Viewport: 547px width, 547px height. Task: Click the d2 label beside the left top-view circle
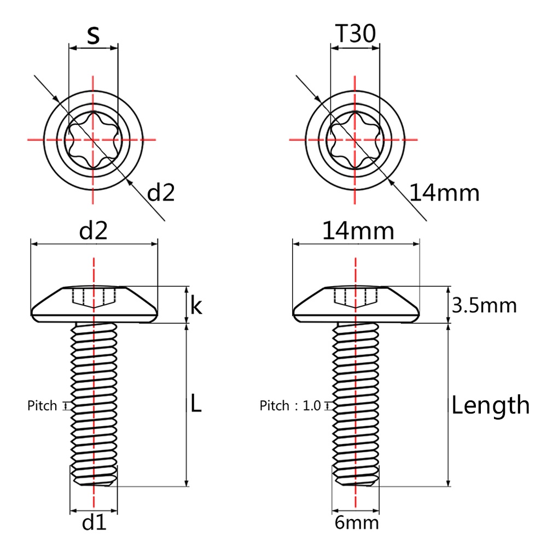(x=161, y=193)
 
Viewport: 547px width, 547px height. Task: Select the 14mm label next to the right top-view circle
(x=444, y=193)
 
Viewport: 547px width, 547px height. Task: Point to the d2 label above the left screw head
(x=93, y=231)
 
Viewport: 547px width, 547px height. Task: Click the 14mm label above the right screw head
(x=358, y=231)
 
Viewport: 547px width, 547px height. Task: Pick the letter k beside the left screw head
(x=196, y=306)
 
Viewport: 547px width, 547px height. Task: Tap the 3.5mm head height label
(x=484, y=305)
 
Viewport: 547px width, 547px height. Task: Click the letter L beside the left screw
(x=196, y=405)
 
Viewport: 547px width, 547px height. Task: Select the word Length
(x=491, y=406)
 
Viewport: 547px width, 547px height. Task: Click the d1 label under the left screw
(x=94, y=523)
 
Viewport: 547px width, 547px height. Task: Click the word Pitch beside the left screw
(x=42, y=406)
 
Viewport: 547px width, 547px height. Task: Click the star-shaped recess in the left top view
(x=94, y=139)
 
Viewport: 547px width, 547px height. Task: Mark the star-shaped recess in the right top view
(x=355, y=139)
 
